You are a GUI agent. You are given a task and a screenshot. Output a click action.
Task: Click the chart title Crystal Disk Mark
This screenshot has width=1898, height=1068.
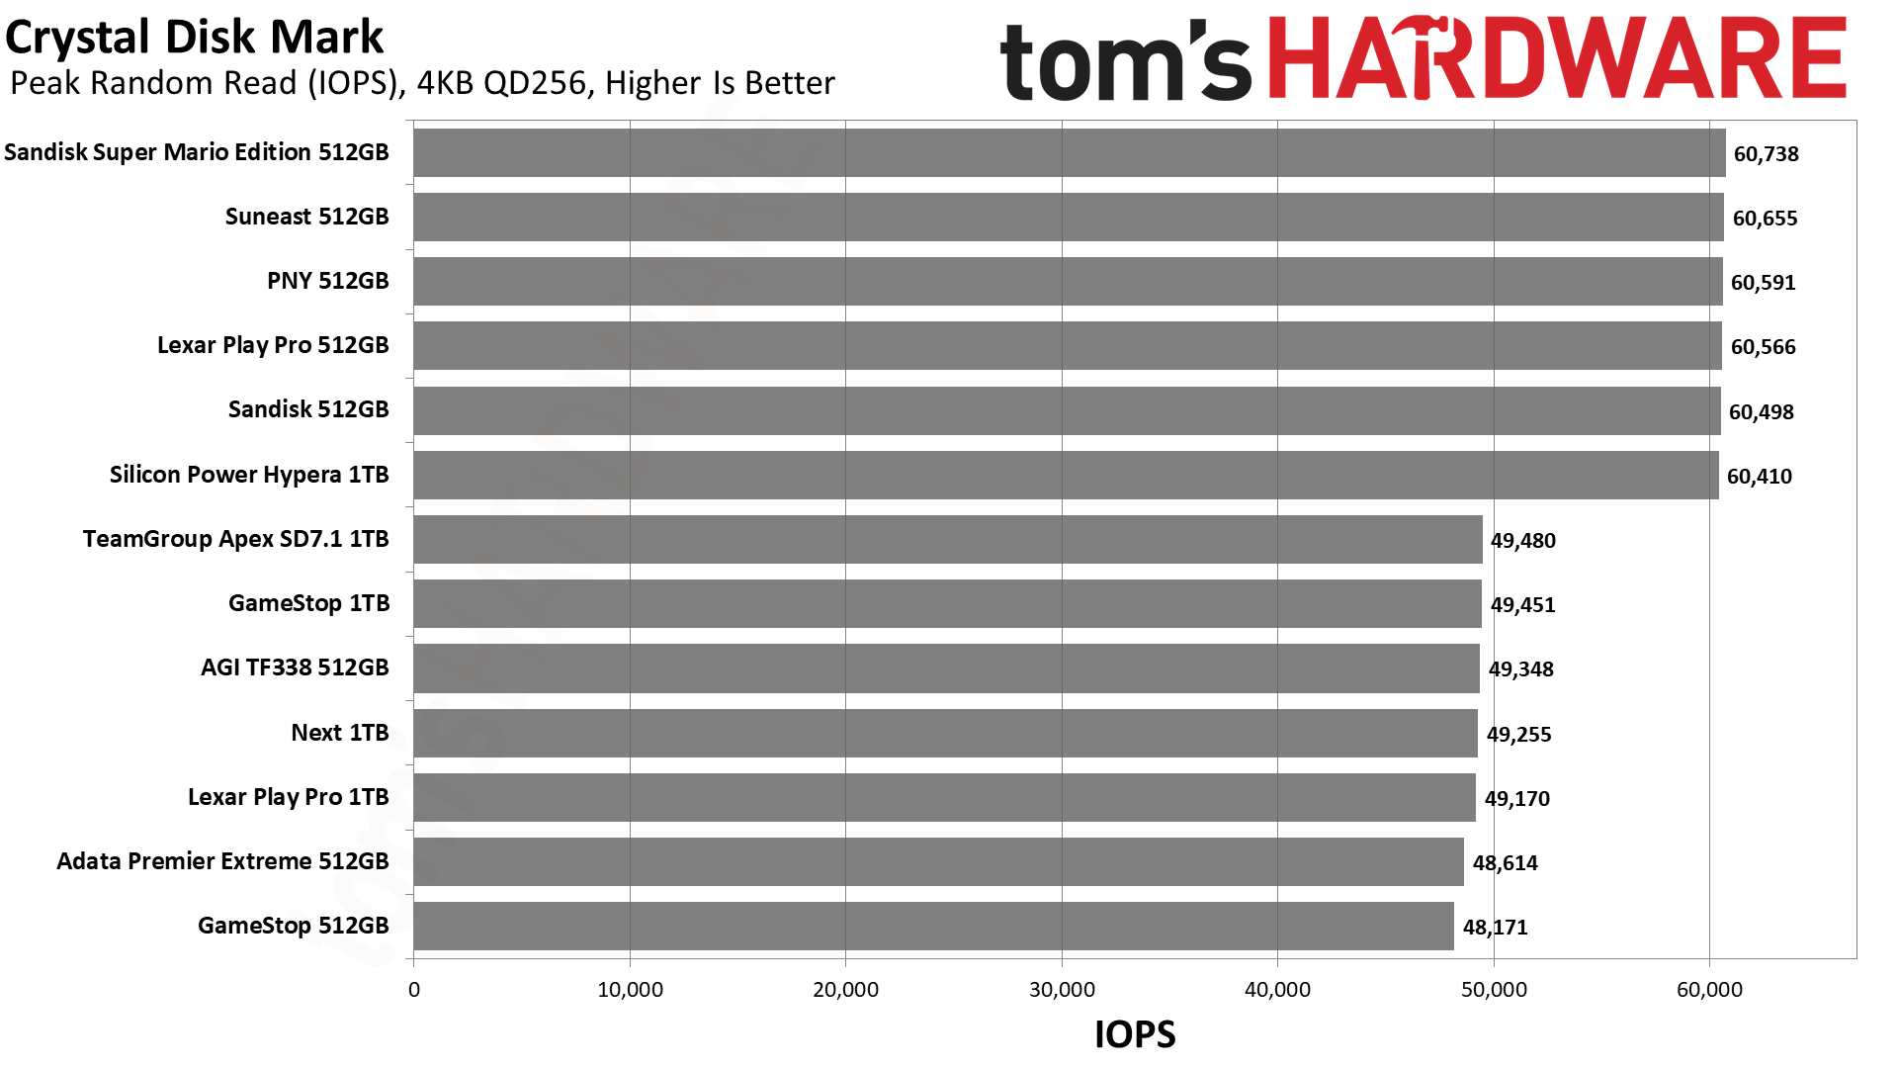point(194,38)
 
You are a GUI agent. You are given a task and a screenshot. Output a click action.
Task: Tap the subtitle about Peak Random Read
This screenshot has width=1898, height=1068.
point(422,83)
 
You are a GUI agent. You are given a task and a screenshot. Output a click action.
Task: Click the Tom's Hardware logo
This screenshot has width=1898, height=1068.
point(1423,59)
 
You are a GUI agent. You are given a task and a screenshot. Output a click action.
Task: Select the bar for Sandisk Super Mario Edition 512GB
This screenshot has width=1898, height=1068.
point(1070,152)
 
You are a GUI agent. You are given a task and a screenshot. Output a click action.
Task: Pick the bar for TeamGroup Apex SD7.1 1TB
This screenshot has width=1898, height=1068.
point(948,539)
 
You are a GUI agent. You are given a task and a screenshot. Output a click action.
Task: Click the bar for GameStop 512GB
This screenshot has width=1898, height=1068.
point(934,926)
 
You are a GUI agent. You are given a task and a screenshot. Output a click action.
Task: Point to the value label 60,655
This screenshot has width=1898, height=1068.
point(1766,219)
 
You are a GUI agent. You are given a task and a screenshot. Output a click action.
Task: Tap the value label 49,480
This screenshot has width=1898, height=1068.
point(1523,541)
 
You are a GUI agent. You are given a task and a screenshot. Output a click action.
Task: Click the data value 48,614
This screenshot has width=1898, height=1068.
point(1506,863)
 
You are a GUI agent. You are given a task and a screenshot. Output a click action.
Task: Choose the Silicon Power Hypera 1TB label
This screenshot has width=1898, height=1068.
point(249,475)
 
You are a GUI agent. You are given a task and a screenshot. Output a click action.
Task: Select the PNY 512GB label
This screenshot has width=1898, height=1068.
point(328,281)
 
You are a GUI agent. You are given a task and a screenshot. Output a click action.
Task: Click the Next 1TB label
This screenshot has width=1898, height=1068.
point(340,733)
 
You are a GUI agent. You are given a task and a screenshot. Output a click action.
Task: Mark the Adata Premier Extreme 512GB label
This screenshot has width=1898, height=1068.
point(222,861)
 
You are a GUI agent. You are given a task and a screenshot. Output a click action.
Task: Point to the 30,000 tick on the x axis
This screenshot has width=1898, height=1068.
point(1062,990)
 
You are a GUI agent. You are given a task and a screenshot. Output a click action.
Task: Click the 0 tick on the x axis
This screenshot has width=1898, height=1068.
point(414,990)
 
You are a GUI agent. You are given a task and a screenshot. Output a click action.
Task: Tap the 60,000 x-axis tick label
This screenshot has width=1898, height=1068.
point(1710,990)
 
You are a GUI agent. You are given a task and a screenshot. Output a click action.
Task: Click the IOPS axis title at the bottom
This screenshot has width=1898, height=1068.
point(1135,1034)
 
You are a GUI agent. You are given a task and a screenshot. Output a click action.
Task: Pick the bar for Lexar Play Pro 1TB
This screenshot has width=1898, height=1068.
point(945,797)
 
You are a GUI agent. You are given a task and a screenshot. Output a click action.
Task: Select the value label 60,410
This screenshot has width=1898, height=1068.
point(1760,477)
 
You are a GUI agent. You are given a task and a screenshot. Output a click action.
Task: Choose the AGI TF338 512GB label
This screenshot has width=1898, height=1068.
point(295,667)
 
